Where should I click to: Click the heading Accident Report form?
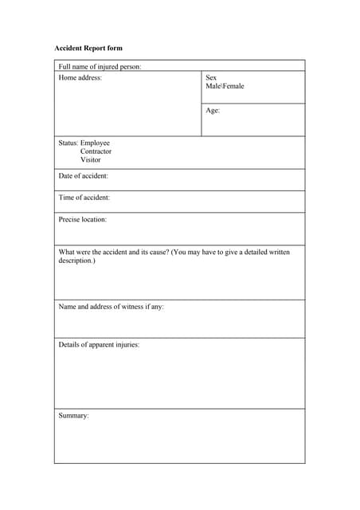point(88,49)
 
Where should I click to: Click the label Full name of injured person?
point(100,66)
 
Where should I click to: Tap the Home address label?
point(80,77)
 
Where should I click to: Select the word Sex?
point(211,77)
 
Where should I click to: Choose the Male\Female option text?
point(225,86)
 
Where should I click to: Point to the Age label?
point(213,111)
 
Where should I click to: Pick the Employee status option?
point(95,143)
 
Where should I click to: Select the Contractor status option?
point(96,151)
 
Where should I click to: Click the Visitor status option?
point(91,159)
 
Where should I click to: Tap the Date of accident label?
point(84,176)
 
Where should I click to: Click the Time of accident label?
point(84,198)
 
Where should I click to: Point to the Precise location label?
point(83,219)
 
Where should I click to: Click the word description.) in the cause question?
point(76,261)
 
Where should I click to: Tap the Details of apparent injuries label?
point(99,345)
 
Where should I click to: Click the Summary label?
point(74,415)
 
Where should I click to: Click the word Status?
point(68,143)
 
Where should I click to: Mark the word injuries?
point(125,345)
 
